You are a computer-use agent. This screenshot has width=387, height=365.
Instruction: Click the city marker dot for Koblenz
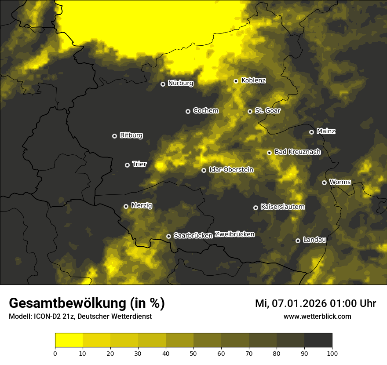[x=236, y=81]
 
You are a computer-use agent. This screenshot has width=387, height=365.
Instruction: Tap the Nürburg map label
[x=180, y=83]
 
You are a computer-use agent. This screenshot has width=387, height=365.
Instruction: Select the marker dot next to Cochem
[x=188, y=111]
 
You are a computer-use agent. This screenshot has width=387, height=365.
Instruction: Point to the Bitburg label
[x=131, y=135]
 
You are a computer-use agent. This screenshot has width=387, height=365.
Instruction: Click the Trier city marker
[x=128, y=165]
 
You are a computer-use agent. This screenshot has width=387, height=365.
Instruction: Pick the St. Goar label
[x=267, y=111]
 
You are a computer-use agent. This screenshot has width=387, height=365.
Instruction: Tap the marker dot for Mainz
[x=311, y=132]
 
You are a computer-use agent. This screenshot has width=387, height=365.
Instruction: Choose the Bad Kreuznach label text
[x=297, y=152]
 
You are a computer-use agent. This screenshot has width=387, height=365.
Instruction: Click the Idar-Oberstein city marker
[x=204, y=170]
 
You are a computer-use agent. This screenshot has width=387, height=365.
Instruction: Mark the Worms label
[x=340, y=182]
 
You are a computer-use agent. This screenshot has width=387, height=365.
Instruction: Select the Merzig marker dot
[x=126, y=206]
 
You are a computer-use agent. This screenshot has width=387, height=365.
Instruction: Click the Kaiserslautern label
[x=282, y=207]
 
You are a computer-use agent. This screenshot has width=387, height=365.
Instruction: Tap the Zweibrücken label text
[x=234, y=234]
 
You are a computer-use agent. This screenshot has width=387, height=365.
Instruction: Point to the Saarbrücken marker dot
[x=168, y=236]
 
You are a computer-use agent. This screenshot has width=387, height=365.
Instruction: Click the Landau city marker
[x=298, y=241]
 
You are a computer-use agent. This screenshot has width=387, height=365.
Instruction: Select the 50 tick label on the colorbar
[x=193, y=353]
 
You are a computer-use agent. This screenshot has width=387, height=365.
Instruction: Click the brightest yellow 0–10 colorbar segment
[x=69, y=340]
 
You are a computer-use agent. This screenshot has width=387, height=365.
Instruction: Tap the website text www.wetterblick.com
[x=317, y=316]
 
